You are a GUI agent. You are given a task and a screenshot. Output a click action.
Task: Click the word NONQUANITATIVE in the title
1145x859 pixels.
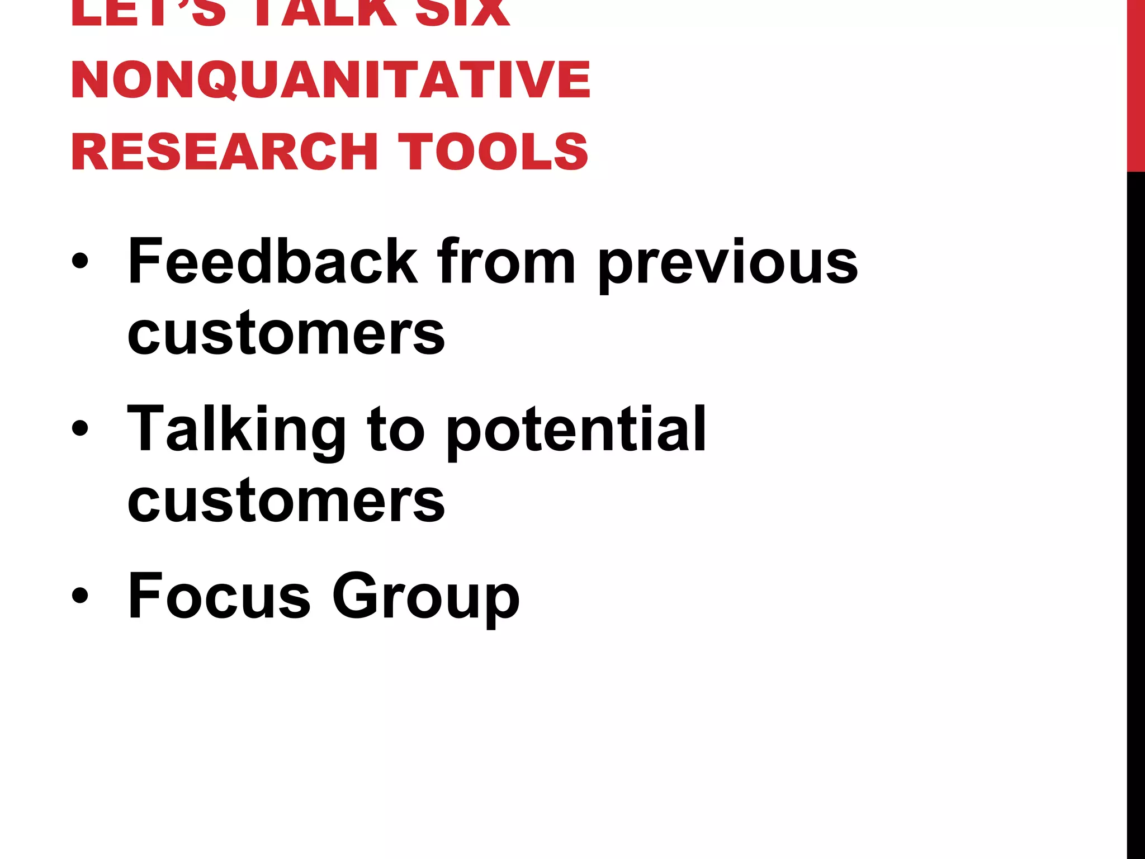330,79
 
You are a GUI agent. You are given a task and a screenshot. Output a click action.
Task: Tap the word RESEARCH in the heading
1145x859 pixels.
224,152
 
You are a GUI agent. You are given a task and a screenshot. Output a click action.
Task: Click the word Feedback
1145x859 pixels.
272,261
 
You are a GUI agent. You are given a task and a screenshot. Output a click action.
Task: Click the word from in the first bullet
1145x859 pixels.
506,261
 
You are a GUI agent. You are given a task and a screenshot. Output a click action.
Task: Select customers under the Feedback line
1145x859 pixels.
286,334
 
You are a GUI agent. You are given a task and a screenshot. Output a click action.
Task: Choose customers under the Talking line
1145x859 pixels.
286,501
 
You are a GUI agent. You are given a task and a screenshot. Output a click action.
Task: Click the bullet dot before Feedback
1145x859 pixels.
80,262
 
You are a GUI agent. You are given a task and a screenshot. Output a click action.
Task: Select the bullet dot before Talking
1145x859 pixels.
80,428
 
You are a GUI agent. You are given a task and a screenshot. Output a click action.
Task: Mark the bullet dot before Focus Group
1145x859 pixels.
80,596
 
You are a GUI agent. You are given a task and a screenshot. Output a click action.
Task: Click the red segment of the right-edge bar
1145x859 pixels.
1135,84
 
